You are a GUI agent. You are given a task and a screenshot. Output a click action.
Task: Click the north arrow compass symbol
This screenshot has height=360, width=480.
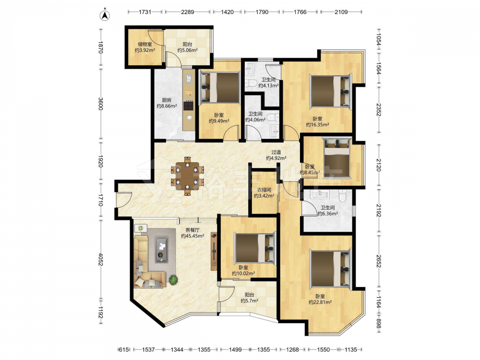[x=105, y=15]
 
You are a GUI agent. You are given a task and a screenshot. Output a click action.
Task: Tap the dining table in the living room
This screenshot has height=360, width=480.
[x=187, y=176]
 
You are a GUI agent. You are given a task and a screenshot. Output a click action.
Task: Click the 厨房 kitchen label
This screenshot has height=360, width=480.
[x=167, y=100]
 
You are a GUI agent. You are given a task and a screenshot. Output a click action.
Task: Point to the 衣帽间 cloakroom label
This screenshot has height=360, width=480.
[x=264, y=190]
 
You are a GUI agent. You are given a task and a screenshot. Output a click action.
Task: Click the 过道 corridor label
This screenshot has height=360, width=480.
[x=276, y=152]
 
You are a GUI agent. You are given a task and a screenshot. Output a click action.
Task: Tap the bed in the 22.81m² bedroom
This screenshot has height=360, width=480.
[x=330, y=268]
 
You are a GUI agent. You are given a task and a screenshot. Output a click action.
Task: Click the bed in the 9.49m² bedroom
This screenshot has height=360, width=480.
[x=219, y=87]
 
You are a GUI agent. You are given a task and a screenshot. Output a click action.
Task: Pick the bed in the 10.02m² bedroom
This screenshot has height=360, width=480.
[x=255, y=248]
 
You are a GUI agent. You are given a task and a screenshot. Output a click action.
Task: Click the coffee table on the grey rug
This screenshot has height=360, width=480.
[x=161, y=249]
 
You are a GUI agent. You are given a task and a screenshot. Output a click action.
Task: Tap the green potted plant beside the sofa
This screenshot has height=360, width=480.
[x=173, y=279]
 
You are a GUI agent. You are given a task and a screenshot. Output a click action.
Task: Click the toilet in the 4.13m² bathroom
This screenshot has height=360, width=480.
[x=252, y=83]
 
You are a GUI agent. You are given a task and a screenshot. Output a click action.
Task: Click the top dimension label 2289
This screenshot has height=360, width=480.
[x=187, y=12]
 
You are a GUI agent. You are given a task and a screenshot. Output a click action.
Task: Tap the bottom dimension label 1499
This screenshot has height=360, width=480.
[x=235, y=349]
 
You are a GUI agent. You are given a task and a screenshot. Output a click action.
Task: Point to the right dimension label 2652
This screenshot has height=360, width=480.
[x=379, y=261]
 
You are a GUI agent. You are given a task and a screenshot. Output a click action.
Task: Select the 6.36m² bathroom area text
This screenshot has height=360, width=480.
[x=327, y=214]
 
